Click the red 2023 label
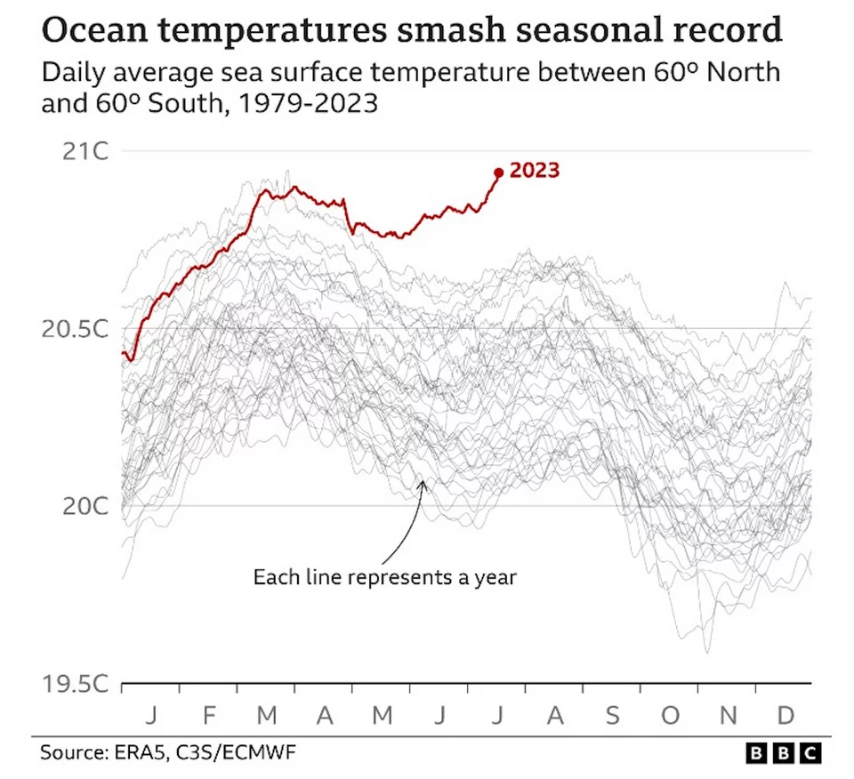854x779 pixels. click(x=535, y=170)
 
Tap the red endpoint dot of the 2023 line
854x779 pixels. click(x=498, y=173)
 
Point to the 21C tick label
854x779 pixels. click(x=85, y=151)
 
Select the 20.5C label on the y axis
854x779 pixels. click(x=75, y=329)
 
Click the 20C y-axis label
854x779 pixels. click(x=85, y=506)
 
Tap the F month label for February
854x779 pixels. click(x=209, y=715)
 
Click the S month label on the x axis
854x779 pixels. click(x=613, y=715)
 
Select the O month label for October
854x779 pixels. click(x=670, y=715)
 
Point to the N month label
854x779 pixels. click(x=729, y=715)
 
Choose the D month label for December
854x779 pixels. click(x=786, y=715)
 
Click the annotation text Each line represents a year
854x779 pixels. click(x=384, y=577)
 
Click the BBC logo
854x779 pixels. click(x=782, y=753)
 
